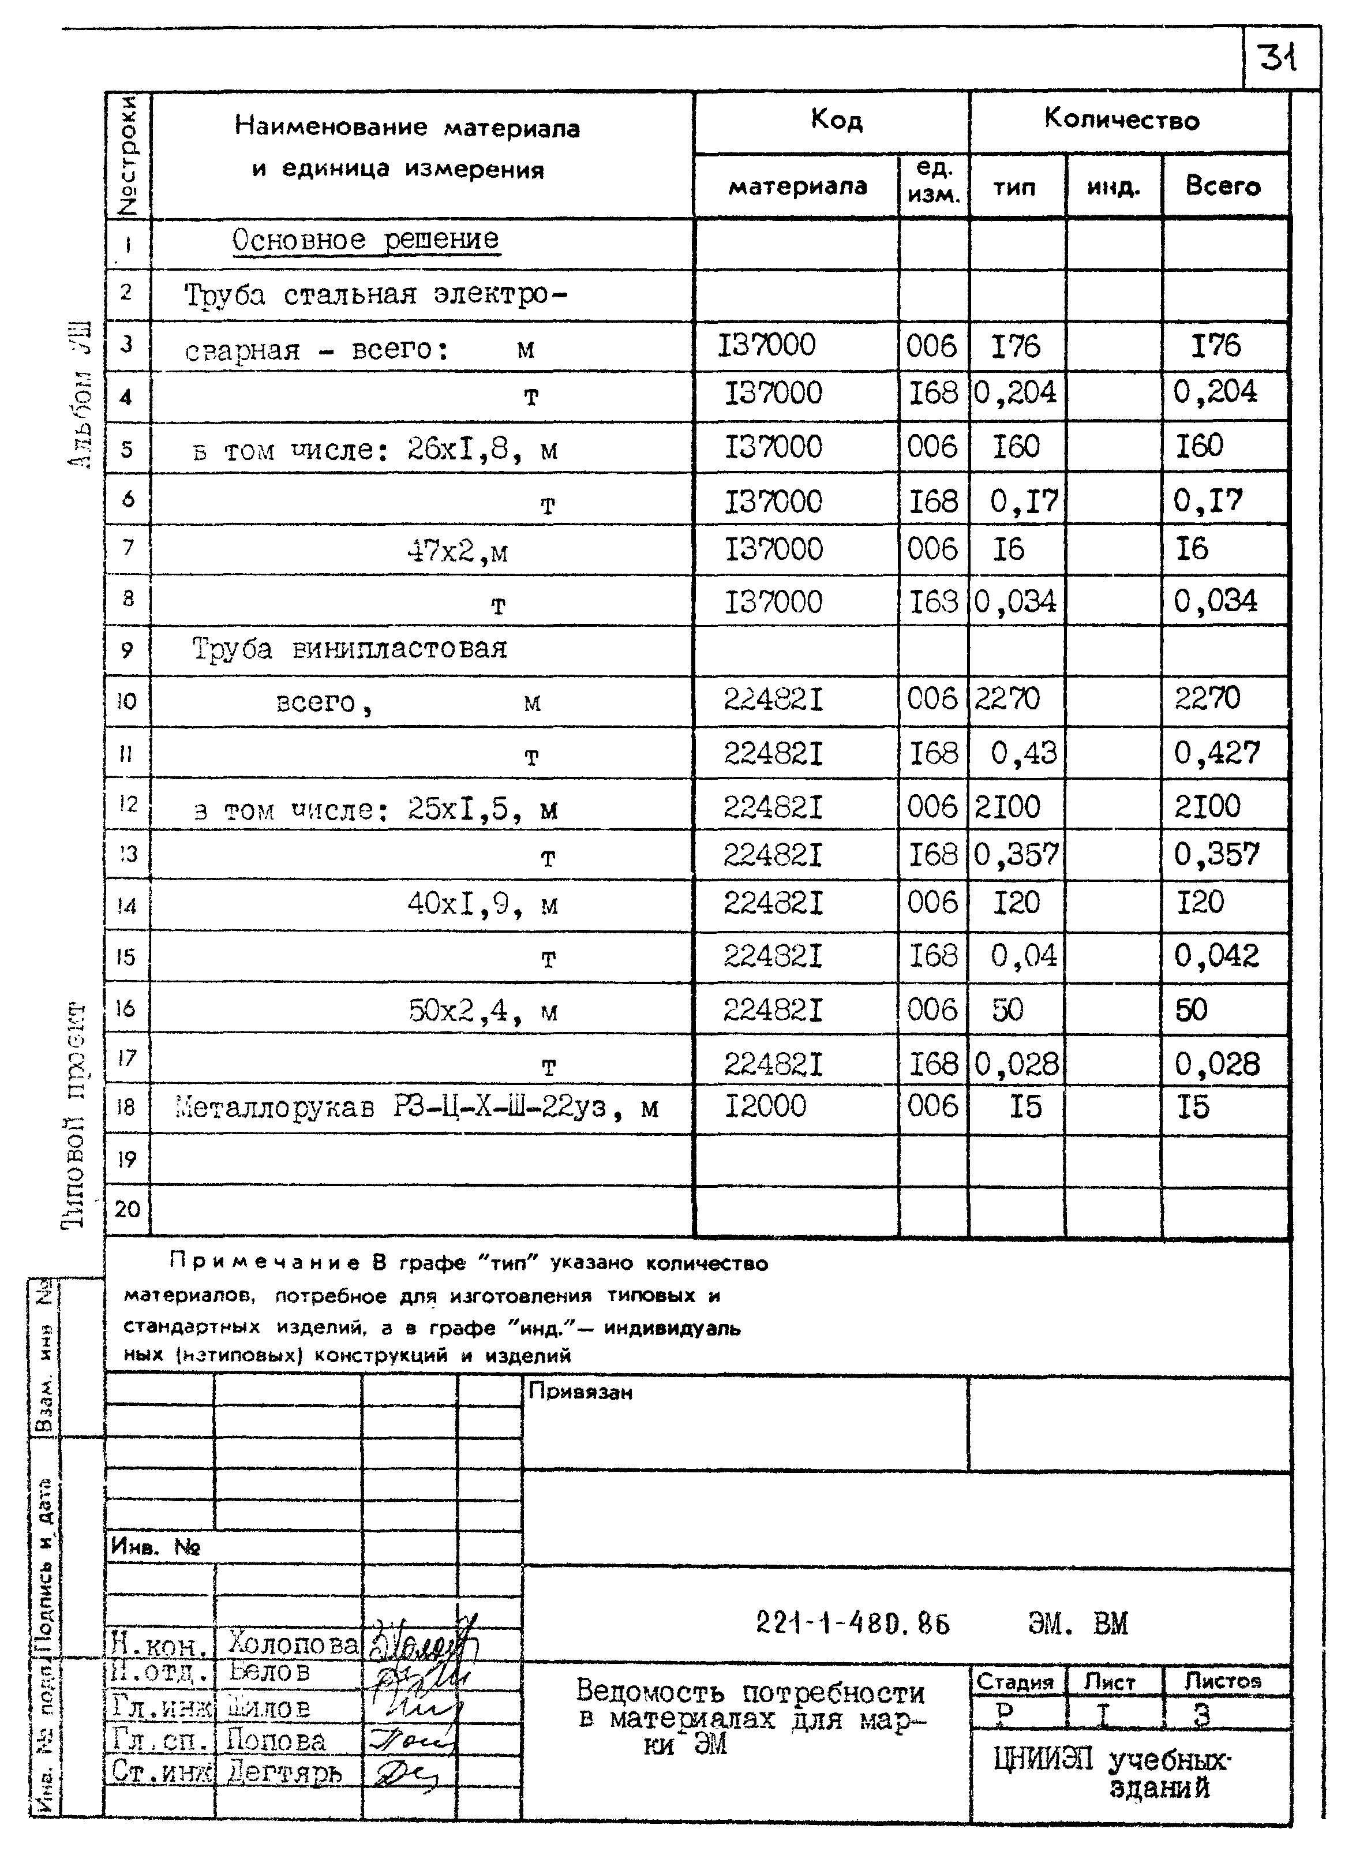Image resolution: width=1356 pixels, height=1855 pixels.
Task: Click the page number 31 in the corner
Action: pos(1278,58)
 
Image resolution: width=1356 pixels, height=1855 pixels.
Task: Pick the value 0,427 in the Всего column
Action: pos(1216,753)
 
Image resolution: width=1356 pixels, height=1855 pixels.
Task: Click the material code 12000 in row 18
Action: pos(765,1106)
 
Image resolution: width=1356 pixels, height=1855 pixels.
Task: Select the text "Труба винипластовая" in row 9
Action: pos(350,649)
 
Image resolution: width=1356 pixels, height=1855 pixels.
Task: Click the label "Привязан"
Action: pos(580,1392)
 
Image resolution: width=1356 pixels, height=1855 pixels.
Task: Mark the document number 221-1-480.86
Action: pos(852,1624)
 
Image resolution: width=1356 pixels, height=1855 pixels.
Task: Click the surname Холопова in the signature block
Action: pos(294,1643)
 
